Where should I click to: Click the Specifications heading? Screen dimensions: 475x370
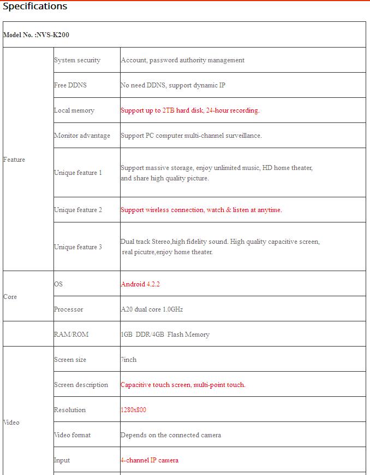click(x=35, y=7)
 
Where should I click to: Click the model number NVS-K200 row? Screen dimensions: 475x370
click(x=36, y=35)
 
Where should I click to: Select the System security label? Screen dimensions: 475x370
click(x=77, y=60)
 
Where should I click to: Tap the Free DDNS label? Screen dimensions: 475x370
click(x=70, y=85)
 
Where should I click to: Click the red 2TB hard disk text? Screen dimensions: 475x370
click(x=190, y=110)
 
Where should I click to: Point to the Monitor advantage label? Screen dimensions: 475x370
click(x=82, y=136)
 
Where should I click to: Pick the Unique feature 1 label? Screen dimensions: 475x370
click(x=77, y=173)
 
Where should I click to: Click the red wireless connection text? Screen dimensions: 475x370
click(x=201, y=210)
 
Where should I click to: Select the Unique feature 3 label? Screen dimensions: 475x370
click(x=77, y=247)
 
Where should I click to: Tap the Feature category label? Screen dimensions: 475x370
click(x=14, y=160)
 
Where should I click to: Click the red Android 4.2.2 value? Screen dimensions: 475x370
click(x=140, y=284)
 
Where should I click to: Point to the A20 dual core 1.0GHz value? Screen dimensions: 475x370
click(x=152, y=309)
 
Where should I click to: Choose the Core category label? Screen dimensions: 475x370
click(x=10, y=297)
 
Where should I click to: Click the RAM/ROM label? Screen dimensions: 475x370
click(x=71, y=335)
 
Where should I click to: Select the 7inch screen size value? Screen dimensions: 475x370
click(x=129, y=360)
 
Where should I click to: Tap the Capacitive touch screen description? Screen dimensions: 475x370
click(x=183, y=385)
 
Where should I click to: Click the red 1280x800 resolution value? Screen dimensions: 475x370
click(x=133, y=410)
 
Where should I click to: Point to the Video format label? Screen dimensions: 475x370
click(x=72, y=435)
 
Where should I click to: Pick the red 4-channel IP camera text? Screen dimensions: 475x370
click(x=150, y=460)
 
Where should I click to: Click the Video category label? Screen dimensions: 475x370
click(x=11, y=423)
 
